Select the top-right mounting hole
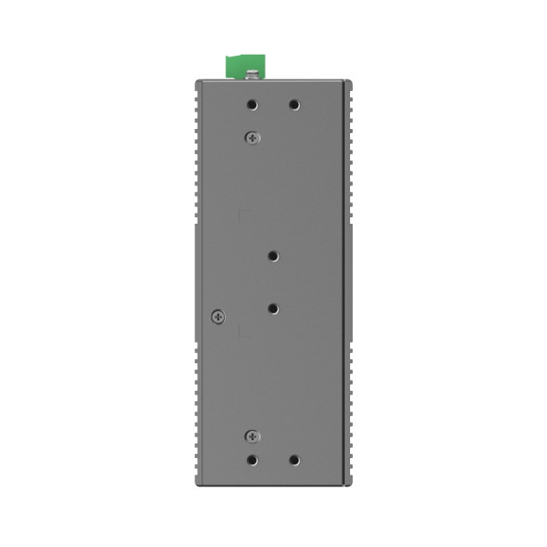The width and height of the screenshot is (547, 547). [293, 105]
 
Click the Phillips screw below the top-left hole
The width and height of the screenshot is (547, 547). [252, 137]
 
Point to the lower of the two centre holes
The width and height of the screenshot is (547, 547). [273, 306]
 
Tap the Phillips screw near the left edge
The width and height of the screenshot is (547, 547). [217, 316]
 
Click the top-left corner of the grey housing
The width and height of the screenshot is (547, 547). [196, 81]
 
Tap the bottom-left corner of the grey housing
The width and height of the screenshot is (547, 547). [196, 484]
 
